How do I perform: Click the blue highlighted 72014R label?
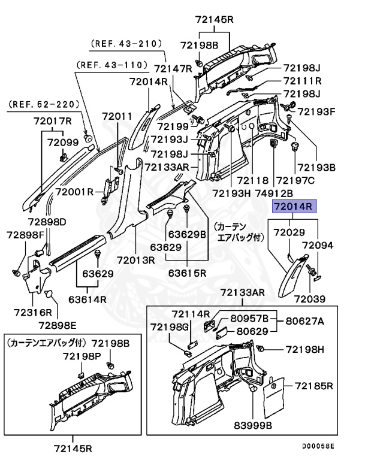click(x=294, y=207)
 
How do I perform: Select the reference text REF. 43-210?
click(x=126, y=43)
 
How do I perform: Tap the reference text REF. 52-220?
click(x=44, y=104)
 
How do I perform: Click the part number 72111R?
click(x=303, y=81)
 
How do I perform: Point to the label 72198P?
click(x=82, y=356)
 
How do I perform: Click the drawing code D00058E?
click(x=318, y=446)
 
